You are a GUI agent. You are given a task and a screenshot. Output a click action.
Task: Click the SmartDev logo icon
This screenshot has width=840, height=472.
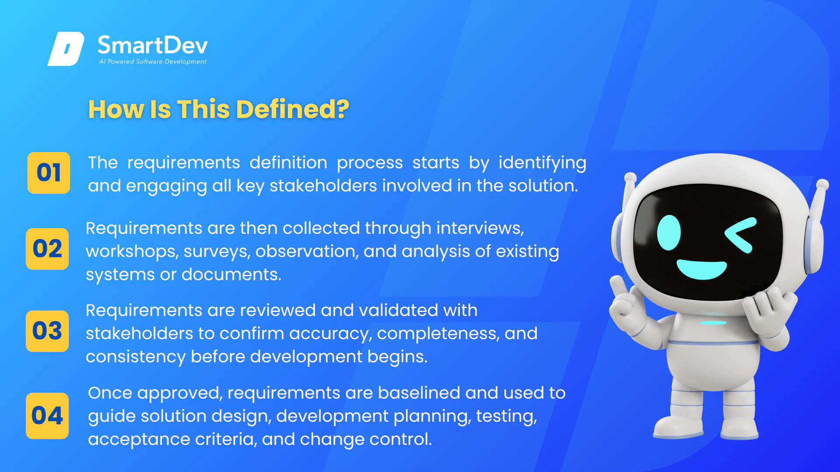(x=66, y=49)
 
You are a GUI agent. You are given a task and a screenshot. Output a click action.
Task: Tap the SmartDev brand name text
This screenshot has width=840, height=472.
(x=152, y=45)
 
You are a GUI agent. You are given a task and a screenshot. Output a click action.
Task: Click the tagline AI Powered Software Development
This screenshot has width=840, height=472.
(x=152, y=62)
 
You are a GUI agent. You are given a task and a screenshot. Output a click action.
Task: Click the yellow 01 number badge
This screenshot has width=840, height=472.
(x=49, y=173)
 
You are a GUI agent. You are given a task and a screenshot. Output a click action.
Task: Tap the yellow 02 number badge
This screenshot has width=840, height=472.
(x=47, y=249)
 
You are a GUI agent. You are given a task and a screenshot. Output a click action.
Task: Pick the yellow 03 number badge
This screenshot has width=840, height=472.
(x=47, y=331)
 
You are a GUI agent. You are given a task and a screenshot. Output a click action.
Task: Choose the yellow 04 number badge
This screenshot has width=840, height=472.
(x=47, y=416)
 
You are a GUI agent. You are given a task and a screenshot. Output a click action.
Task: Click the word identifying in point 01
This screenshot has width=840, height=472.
(x=542, y=163)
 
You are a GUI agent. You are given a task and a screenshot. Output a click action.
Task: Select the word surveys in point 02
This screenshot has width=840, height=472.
(x=217, y=252)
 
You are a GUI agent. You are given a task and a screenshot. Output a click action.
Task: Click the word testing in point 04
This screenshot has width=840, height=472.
(x=506, y=416)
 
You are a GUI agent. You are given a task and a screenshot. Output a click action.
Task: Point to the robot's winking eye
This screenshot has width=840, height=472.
(x=740, y=235)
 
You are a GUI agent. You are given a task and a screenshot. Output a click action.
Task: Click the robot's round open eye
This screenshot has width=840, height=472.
(x=669, y=233)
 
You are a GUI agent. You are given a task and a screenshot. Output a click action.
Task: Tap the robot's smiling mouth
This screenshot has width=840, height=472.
(x=702, y=269)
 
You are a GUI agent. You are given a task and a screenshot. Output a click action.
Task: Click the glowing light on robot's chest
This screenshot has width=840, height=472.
(x=713, y=323)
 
